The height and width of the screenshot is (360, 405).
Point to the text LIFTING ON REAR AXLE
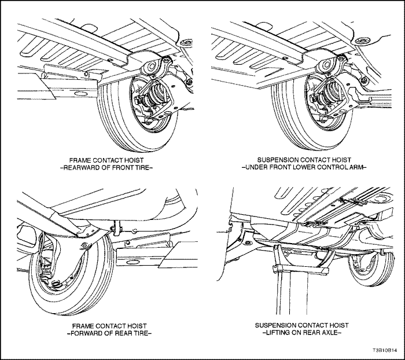pos(303,334)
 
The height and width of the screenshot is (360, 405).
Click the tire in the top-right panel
pos(289,124)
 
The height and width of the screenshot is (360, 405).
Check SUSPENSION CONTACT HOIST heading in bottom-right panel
pos(303,325)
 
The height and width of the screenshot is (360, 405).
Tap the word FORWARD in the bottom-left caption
pos(82,334)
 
